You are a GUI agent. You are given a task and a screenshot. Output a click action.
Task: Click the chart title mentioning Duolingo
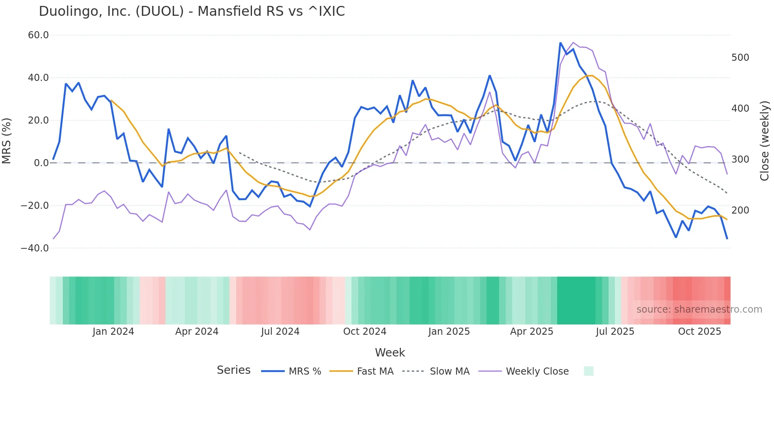click(x=192, y=11)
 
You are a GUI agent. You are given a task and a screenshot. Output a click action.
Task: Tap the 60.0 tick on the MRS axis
click(x=38, y=35)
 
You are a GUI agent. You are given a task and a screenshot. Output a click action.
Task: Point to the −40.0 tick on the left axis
click(x=35, y=248)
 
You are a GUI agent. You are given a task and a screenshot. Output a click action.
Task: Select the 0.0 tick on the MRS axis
click(x=41, y=163)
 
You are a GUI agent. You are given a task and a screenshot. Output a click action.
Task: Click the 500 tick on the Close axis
click(x=740, y=58)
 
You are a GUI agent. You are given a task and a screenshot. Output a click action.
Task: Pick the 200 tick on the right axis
click(x=740, y=210)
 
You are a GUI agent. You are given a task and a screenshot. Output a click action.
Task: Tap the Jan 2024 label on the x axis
click(x=113, y=332)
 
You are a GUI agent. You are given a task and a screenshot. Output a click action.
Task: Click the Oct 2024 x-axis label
click(x=364, y=332)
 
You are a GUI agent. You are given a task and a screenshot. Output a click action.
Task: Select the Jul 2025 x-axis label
click(x=615, y=332)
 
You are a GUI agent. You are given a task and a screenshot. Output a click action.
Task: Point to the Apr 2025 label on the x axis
click(x=532, y=332)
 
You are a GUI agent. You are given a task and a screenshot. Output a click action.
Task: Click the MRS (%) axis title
click(x=7, y=141)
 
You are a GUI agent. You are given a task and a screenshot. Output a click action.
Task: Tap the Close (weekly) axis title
click(x=765, y=141)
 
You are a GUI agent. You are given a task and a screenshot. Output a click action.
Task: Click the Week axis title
click(x=390, y=352)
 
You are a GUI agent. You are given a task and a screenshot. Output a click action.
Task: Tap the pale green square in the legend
click(x=588, y=371)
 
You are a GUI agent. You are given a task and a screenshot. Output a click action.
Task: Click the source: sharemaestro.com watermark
click(x=699, y=309)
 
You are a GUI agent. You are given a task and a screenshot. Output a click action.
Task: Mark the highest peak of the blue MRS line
click(x=560, y=43)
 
